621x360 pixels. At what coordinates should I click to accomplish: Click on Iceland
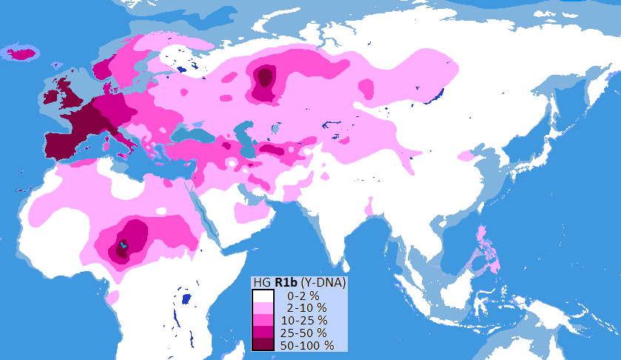click(x=22, y=53)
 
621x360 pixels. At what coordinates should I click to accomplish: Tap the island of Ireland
click(x=52, y=96)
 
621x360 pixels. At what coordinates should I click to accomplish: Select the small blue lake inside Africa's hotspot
click(x=124, y=245)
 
